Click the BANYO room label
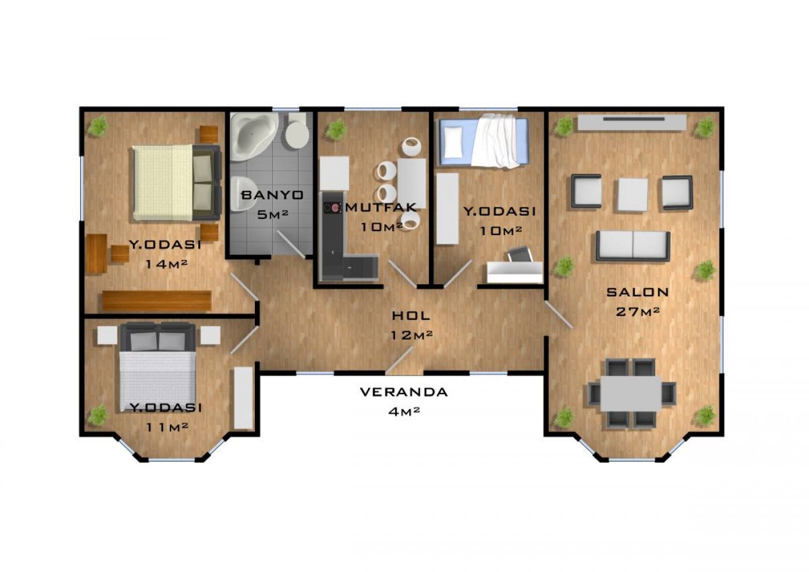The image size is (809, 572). point(272,195)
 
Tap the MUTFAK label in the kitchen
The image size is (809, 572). point(381,207)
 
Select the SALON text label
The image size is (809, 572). point(637,292)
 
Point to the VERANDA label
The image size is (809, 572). point(404,392)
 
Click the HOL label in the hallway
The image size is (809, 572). point(411,315)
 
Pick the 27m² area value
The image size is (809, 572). point(638,311)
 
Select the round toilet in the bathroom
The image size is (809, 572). point(297,132)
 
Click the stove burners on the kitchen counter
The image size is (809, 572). point(333,208)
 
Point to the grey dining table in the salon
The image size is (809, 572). point(631,393)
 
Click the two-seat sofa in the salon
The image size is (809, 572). point(633,246)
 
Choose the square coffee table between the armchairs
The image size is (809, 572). point(633,194)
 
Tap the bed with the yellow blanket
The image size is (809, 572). point(176,183)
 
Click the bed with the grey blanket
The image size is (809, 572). point(157,366)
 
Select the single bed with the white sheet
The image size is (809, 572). point(484,141)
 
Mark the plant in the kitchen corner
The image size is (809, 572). point(336,129)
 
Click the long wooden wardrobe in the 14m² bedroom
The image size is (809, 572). point(157,300)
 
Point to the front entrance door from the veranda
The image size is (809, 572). point(399,360)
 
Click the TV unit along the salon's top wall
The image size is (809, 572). point(632,122)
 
